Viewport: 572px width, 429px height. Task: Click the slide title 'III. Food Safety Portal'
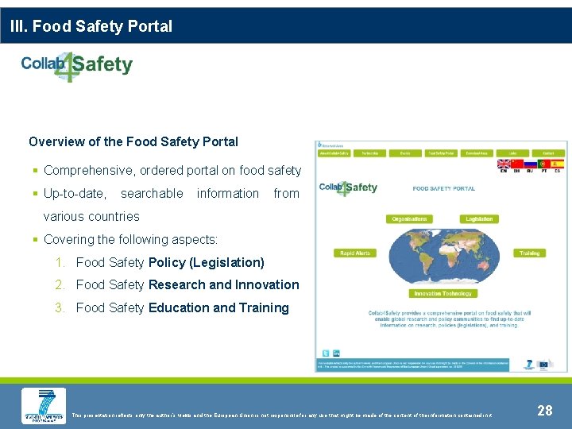pos(91,26)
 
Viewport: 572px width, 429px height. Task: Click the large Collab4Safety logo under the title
pos(77,65)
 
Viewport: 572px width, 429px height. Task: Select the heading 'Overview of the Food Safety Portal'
pos(133,141)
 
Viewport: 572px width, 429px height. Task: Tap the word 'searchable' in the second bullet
pos(152,193)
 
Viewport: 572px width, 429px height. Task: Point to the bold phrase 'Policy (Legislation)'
pos(207,262)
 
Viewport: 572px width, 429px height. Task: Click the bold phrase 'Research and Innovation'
pos(224,284)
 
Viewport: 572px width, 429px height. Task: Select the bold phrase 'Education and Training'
pos(218,307)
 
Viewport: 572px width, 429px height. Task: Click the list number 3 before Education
pos(60,307)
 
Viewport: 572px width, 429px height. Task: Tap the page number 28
pos(545,411)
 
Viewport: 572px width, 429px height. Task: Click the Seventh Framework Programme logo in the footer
pos(44,405)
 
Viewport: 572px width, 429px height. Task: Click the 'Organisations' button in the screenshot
pos(409,218)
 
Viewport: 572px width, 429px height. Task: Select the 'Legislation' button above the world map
pos(479,218)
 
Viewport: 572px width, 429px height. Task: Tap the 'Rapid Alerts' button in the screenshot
pos(354,253)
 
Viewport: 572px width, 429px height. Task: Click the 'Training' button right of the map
pos(529,253)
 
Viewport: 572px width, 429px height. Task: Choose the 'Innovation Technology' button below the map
pos(443,293)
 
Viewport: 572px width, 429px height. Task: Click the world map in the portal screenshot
pos(443,256)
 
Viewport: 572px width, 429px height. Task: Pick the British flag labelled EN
pos(504,164)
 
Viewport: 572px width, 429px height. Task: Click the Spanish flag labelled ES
pos(557,164)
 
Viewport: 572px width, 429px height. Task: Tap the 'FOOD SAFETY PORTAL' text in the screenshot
pos(444,188)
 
